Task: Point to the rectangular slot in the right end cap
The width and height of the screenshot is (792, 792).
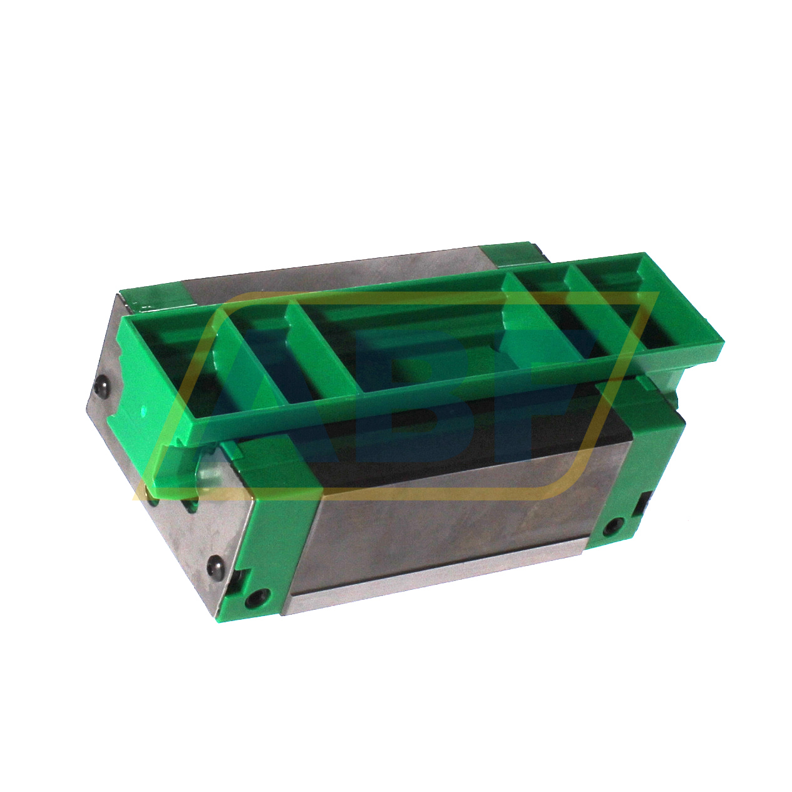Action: tap(642, 502)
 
